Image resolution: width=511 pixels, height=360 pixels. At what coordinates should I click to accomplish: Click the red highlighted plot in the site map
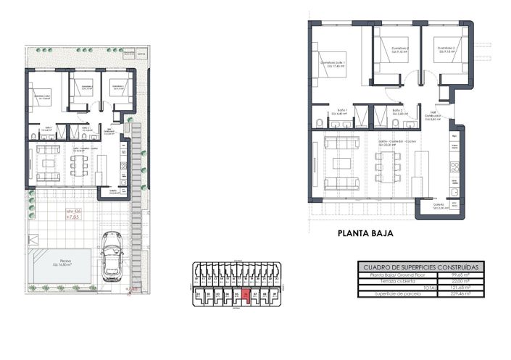(x=246, y=295)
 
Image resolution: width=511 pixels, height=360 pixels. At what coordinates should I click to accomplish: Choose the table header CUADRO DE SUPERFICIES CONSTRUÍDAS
(x=419, y=267)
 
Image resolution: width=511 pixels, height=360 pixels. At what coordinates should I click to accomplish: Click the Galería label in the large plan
(x=436, y=205)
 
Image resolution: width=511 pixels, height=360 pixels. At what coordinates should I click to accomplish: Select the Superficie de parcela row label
(x=391, y=293)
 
